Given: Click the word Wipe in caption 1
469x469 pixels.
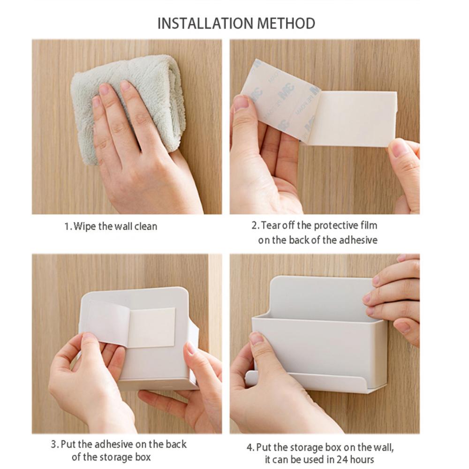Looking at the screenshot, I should pyautogui.click(x=85, y=227).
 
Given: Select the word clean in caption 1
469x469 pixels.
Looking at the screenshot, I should pyautogui.click(x=146, y=227).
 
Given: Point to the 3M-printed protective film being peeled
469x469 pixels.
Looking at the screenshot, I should pyautogui.click(x=277, y=101).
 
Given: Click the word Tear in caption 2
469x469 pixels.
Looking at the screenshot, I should pyautogui.click(x=270, y=226).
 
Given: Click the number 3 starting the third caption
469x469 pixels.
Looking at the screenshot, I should pyautogui.click(x=53, y=444).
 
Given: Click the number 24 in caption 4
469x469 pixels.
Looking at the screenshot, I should pyautogui.click(x=345, y=460).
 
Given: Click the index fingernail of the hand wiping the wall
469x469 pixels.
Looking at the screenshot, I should pyautogui.click(x=104, y=89).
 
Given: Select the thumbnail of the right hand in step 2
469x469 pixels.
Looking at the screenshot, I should pyautogui.click(x=400, y=149).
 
